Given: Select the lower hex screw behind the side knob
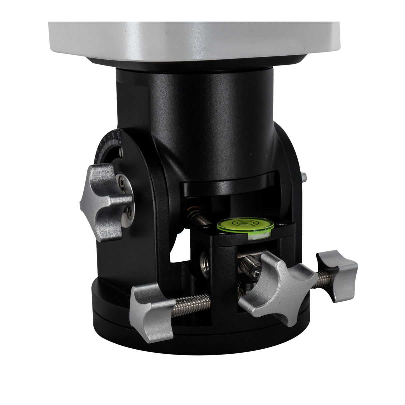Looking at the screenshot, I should pyautogui.click(x=128, y=211).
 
